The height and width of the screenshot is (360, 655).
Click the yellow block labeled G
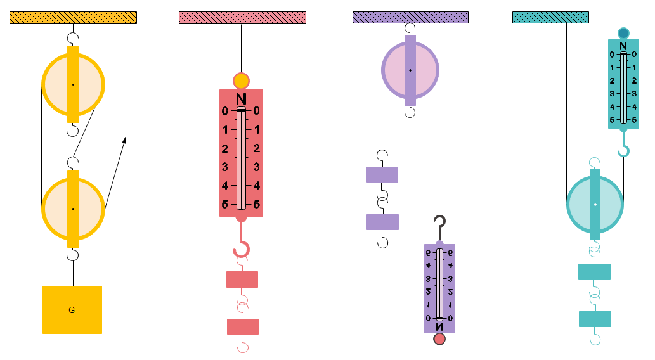tap(72, 309)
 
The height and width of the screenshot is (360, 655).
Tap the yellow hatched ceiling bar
tap(73, 18)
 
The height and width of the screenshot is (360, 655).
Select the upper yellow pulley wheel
tap(56, 84)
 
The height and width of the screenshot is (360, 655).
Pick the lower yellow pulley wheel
tap(56, 209)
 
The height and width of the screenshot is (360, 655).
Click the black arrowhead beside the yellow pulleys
tap(125, 139)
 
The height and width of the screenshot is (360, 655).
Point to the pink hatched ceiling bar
tap(242, 18)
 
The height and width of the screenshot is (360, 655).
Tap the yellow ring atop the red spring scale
tap(241, 81)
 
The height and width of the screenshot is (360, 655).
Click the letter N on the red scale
tap(241, 99)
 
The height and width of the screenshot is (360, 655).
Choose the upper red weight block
tap(242, 280)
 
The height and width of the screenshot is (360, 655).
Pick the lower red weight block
tap(243, 326)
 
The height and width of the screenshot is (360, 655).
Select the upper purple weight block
tap(382, 174)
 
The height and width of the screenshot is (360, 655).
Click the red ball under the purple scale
tap(439, 339)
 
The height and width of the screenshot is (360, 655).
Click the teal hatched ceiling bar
tap(550, 18)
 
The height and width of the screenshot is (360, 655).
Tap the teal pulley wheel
tap(580, 205)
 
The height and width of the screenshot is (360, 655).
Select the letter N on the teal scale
tap(623, 46)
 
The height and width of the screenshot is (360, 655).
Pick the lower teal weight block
tap(595, 319)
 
